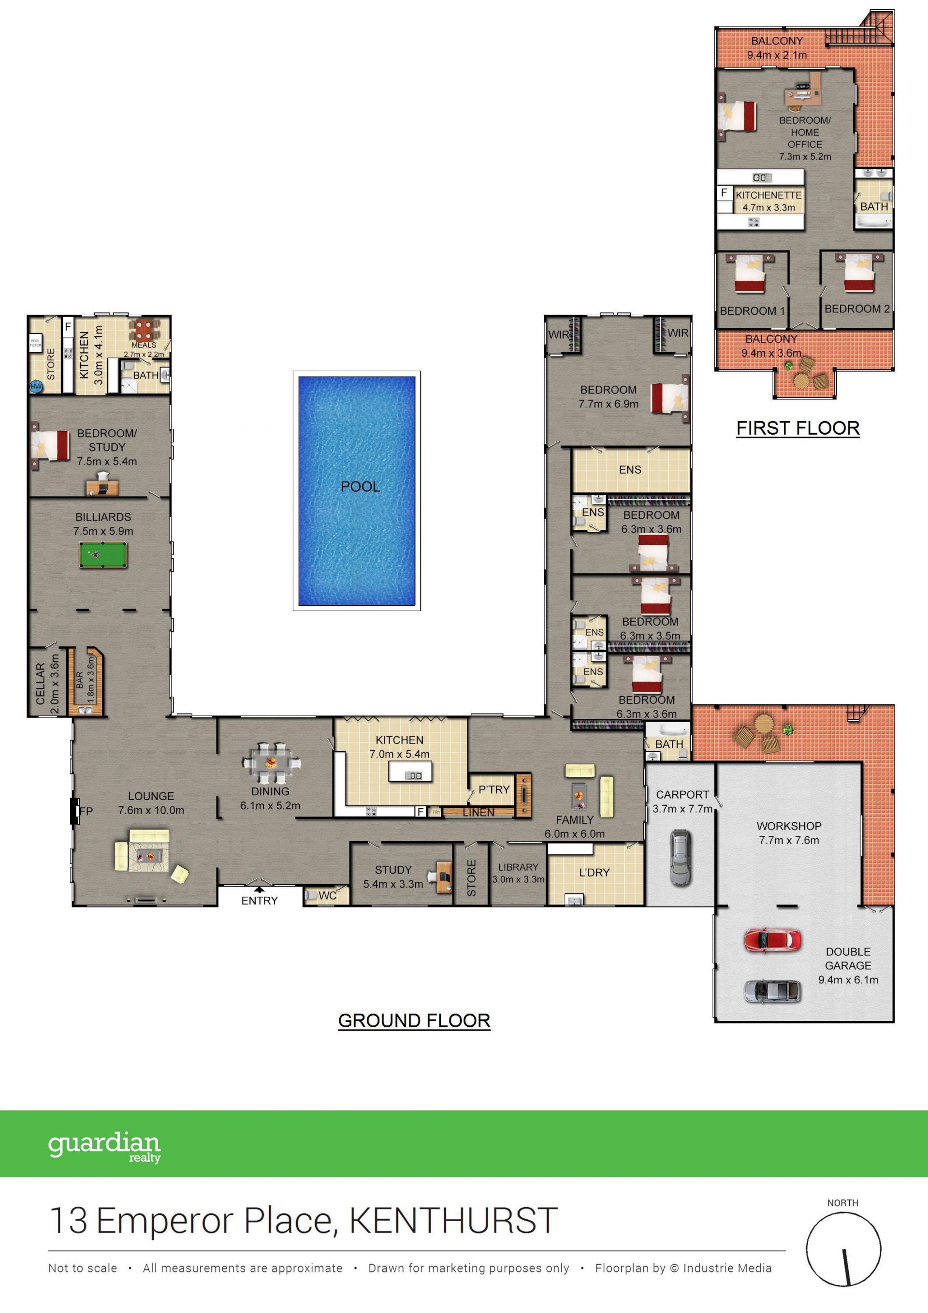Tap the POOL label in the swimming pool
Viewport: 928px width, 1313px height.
click(x=360, y=487)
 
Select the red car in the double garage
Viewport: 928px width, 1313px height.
click(x=772, y=940)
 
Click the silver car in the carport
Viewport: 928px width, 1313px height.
click(x=680, y=857)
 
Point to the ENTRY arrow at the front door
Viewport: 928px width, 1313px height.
click(x=259, y=889)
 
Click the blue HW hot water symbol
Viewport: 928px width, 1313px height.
click(x=36, y=387)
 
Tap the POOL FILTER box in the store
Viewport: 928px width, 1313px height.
click(x=35, y=343)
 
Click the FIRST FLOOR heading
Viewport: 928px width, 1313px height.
click(x=797, y=428)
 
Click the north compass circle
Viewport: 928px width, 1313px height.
click(x=843, y=1251)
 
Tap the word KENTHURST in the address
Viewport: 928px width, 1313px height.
click(x=453, y=1222)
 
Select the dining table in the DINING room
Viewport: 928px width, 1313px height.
click(x=271, y=763)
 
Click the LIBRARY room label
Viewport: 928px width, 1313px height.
click(x=518, y=867)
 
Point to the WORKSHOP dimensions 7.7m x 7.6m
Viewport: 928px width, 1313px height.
click(x=789, y=840)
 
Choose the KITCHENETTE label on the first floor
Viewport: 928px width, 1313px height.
click(x=768, y=195)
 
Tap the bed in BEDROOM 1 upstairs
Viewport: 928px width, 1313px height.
click(x=750, y=274)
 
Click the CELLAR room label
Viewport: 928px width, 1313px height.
click(x=40, y=684)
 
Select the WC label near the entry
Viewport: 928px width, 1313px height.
click(x=327, y=895)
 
